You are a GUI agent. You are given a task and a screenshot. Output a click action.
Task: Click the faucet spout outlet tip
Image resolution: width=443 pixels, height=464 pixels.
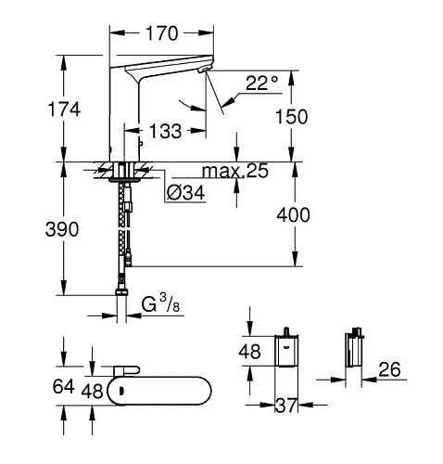[202, 71]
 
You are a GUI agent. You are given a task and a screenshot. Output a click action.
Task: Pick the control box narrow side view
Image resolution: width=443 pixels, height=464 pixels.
[352, 354]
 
